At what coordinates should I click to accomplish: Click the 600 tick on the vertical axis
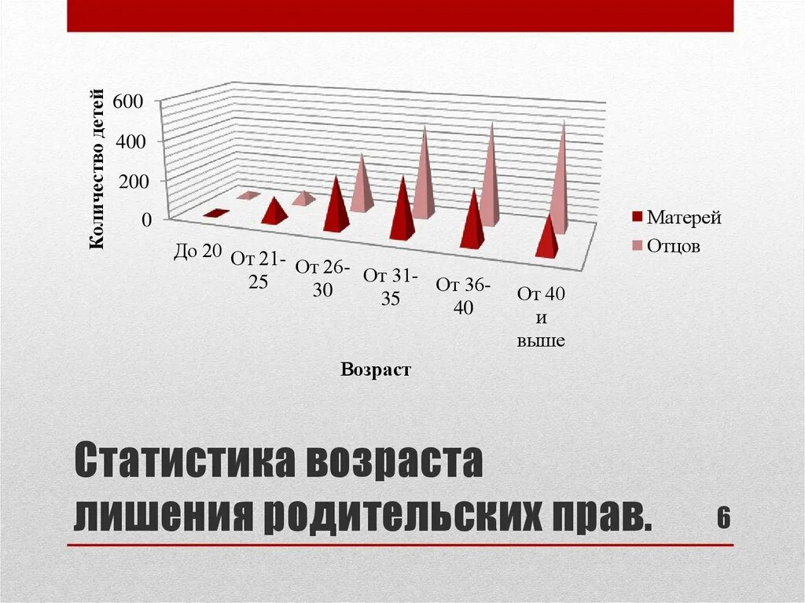click(129, 101)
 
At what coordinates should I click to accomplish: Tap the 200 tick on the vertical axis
click(134, 181)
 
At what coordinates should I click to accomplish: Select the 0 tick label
click(146, 221)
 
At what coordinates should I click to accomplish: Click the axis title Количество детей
click(97, 171)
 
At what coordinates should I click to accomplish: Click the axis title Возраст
click(375, 370)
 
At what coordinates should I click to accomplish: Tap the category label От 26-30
click(322, 278)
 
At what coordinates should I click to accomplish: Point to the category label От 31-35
click(391, 287)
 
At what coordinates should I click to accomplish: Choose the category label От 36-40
click(463, 296)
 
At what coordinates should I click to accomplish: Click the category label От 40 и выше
click(541, 318)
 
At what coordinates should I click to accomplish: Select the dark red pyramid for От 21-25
click(273, 211)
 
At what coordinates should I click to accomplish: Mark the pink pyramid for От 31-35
click(423, 177)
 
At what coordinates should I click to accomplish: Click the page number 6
click(724, 518)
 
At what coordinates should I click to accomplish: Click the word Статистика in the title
click(186, 463)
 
